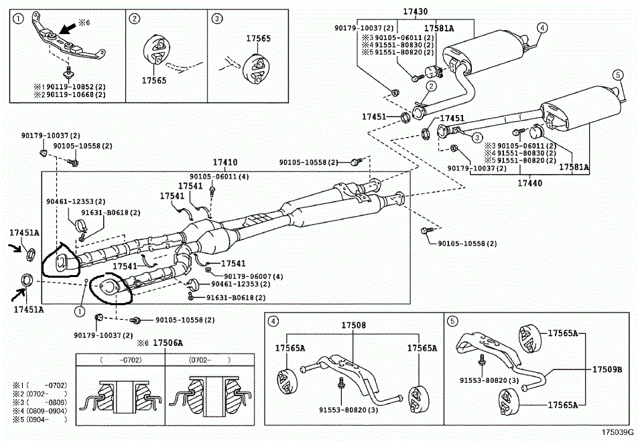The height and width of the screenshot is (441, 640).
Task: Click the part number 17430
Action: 415,11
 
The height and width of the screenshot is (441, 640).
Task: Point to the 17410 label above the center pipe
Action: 225,163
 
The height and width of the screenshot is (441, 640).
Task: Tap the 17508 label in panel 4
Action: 353,325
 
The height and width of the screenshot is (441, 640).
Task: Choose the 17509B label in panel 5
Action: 607,369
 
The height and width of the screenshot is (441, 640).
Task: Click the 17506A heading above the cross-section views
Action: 168,343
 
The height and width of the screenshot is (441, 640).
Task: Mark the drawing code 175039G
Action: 617,433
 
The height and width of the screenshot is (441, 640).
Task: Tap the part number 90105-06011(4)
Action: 224,177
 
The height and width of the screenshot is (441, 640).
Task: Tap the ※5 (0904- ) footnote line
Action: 40,420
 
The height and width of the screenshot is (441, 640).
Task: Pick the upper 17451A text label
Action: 24,233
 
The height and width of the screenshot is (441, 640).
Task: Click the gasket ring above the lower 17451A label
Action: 26,279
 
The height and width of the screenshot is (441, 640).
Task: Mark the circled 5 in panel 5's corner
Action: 453,321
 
